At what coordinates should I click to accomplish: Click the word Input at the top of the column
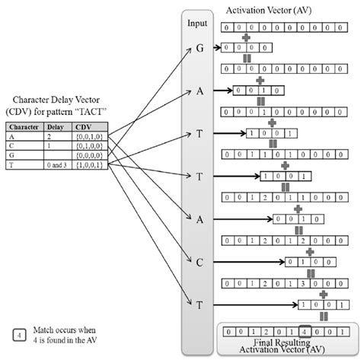197,24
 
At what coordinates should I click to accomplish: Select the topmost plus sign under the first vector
245,37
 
